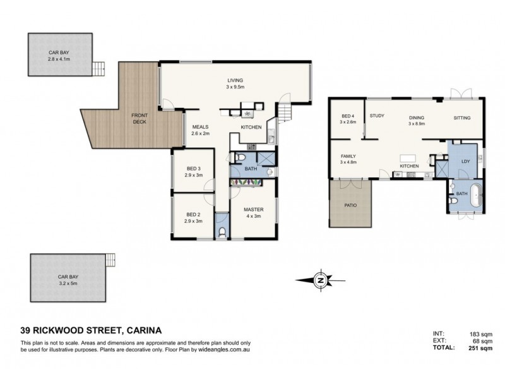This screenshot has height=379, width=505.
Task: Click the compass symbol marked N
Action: coord(321,280)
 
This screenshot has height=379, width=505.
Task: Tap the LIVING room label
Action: coord(236,80)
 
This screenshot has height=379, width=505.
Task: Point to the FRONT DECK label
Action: coord(139,118)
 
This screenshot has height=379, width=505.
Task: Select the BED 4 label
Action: coord(348,116)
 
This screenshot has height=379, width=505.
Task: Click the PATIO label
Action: coord(351,205)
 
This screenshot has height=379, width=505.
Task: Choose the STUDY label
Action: coord(377,116)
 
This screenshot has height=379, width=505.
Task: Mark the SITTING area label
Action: coord(462,118)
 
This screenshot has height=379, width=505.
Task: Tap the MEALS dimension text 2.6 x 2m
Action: coord(201,134)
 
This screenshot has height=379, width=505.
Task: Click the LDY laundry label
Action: coord(466,161)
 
